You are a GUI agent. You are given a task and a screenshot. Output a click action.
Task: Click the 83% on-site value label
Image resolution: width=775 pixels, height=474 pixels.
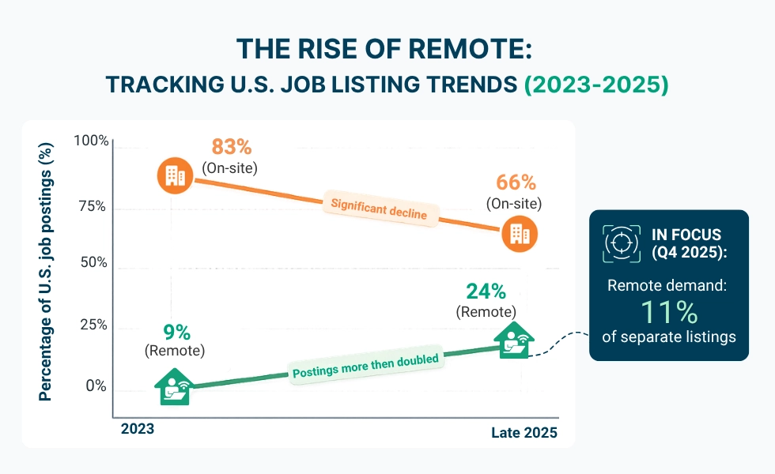coord(231,147)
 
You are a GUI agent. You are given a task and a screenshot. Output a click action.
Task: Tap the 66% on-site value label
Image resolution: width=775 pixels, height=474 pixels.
coord(516,182)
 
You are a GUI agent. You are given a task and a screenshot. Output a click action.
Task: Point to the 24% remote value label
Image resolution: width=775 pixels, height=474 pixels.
coord(486,292)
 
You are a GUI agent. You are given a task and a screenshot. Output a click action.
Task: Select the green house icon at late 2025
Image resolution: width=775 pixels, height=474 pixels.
coord(513,340)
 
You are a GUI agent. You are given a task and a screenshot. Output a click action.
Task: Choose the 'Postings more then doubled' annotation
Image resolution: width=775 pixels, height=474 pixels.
coord(365,365)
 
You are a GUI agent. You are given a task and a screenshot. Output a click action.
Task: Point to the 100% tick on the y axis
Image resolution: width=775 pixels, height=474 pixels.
coord(91,141)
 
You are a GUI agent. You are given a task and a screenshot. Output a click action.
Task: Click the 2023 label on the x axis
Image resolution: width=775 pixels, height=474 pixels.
coord(138,430)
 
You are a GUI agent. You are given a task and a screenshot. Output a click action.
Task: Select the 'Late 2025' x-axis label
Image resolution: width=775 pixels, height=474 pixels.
coord(524,433)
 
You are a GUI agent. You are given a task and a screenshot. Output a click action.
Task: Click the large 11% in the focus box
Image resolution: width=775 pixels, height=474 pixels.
coord(668,311)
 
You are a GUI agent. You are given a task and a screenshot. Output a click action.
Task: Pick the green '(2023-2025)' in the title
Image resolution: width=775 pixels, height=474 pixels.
coord(597,85)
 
